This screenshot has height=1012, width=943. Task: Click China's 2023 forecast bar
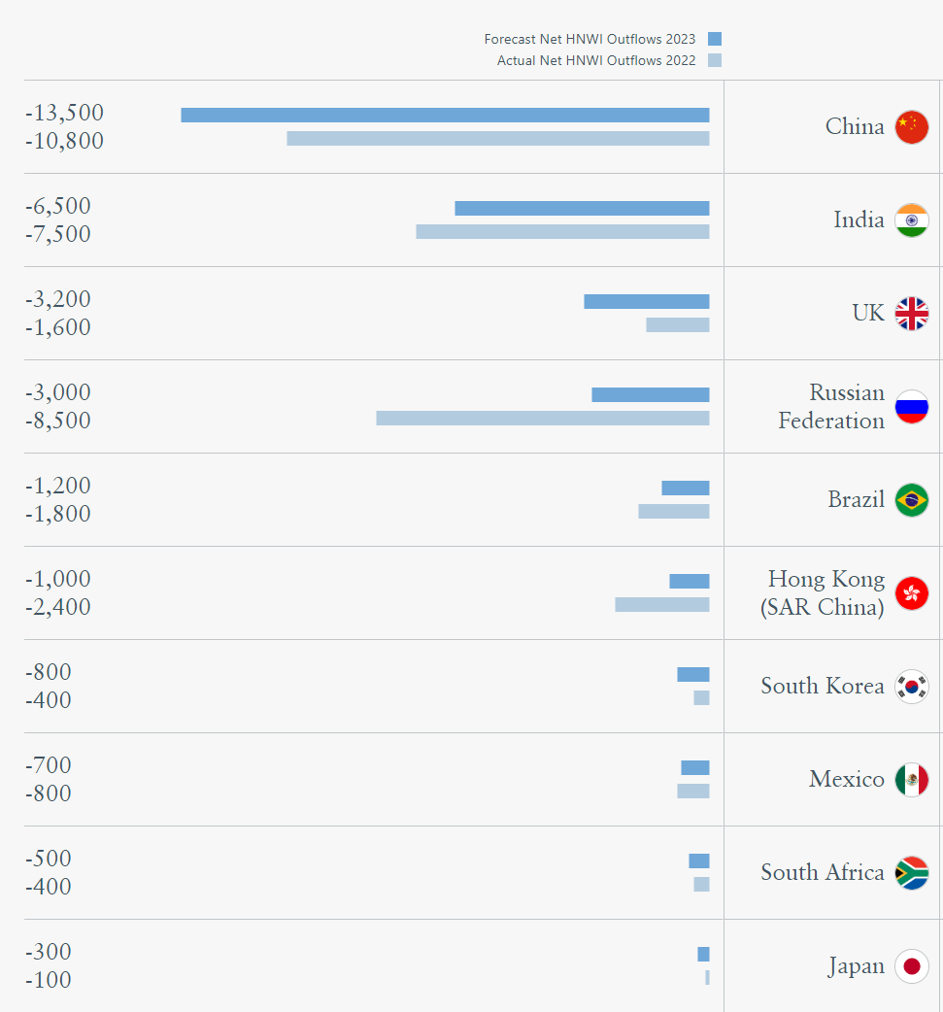tap(445, 115)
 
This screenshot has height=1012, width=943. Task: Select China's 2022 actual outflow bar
tap(497, 138)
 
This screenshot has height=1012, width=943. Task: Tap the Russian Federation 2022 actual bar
tap(542, 418)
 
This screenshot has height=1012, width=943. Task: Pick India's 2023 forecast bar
tap(582, 208)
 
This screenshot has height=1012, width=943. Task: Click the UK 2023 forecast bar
tap(646, 301)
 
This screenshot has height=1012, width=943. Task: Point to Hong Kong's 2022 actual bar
tap(661, 604)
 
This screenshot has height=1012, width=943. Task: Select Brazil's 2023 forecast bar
tap(685, 488)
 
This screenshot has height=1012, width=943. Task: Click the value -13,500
tap(64, 113)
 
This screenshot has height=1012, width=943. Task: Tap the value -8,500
tap(58, 421)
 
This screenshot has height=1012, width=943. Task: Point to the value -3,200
tap(58, 299)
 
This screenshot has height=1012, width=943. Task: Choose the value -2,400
tap(58, 607)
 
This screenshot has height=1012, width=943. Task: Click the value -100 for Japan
tap(49, 980)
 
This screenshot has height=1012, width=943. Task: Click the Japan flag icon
tap(911, 966)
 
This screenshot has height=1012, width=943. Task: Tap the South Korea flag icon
tap(911, 687)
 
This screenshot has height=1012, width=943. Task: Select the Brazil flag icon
tap(911, 500)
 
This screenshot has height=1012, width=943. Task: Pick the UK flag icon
tap(911, 314)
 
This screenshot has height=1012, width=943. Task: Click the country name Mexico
tap(846, 779)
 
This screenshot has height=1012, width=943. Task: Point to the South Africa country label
tap(822, 872)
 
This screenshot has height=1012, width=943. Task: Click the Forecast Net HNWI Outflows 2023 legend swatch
tap(715, 39)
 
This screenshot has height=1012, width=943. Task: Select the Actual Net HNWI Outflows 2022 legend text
tap(596, 60)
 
